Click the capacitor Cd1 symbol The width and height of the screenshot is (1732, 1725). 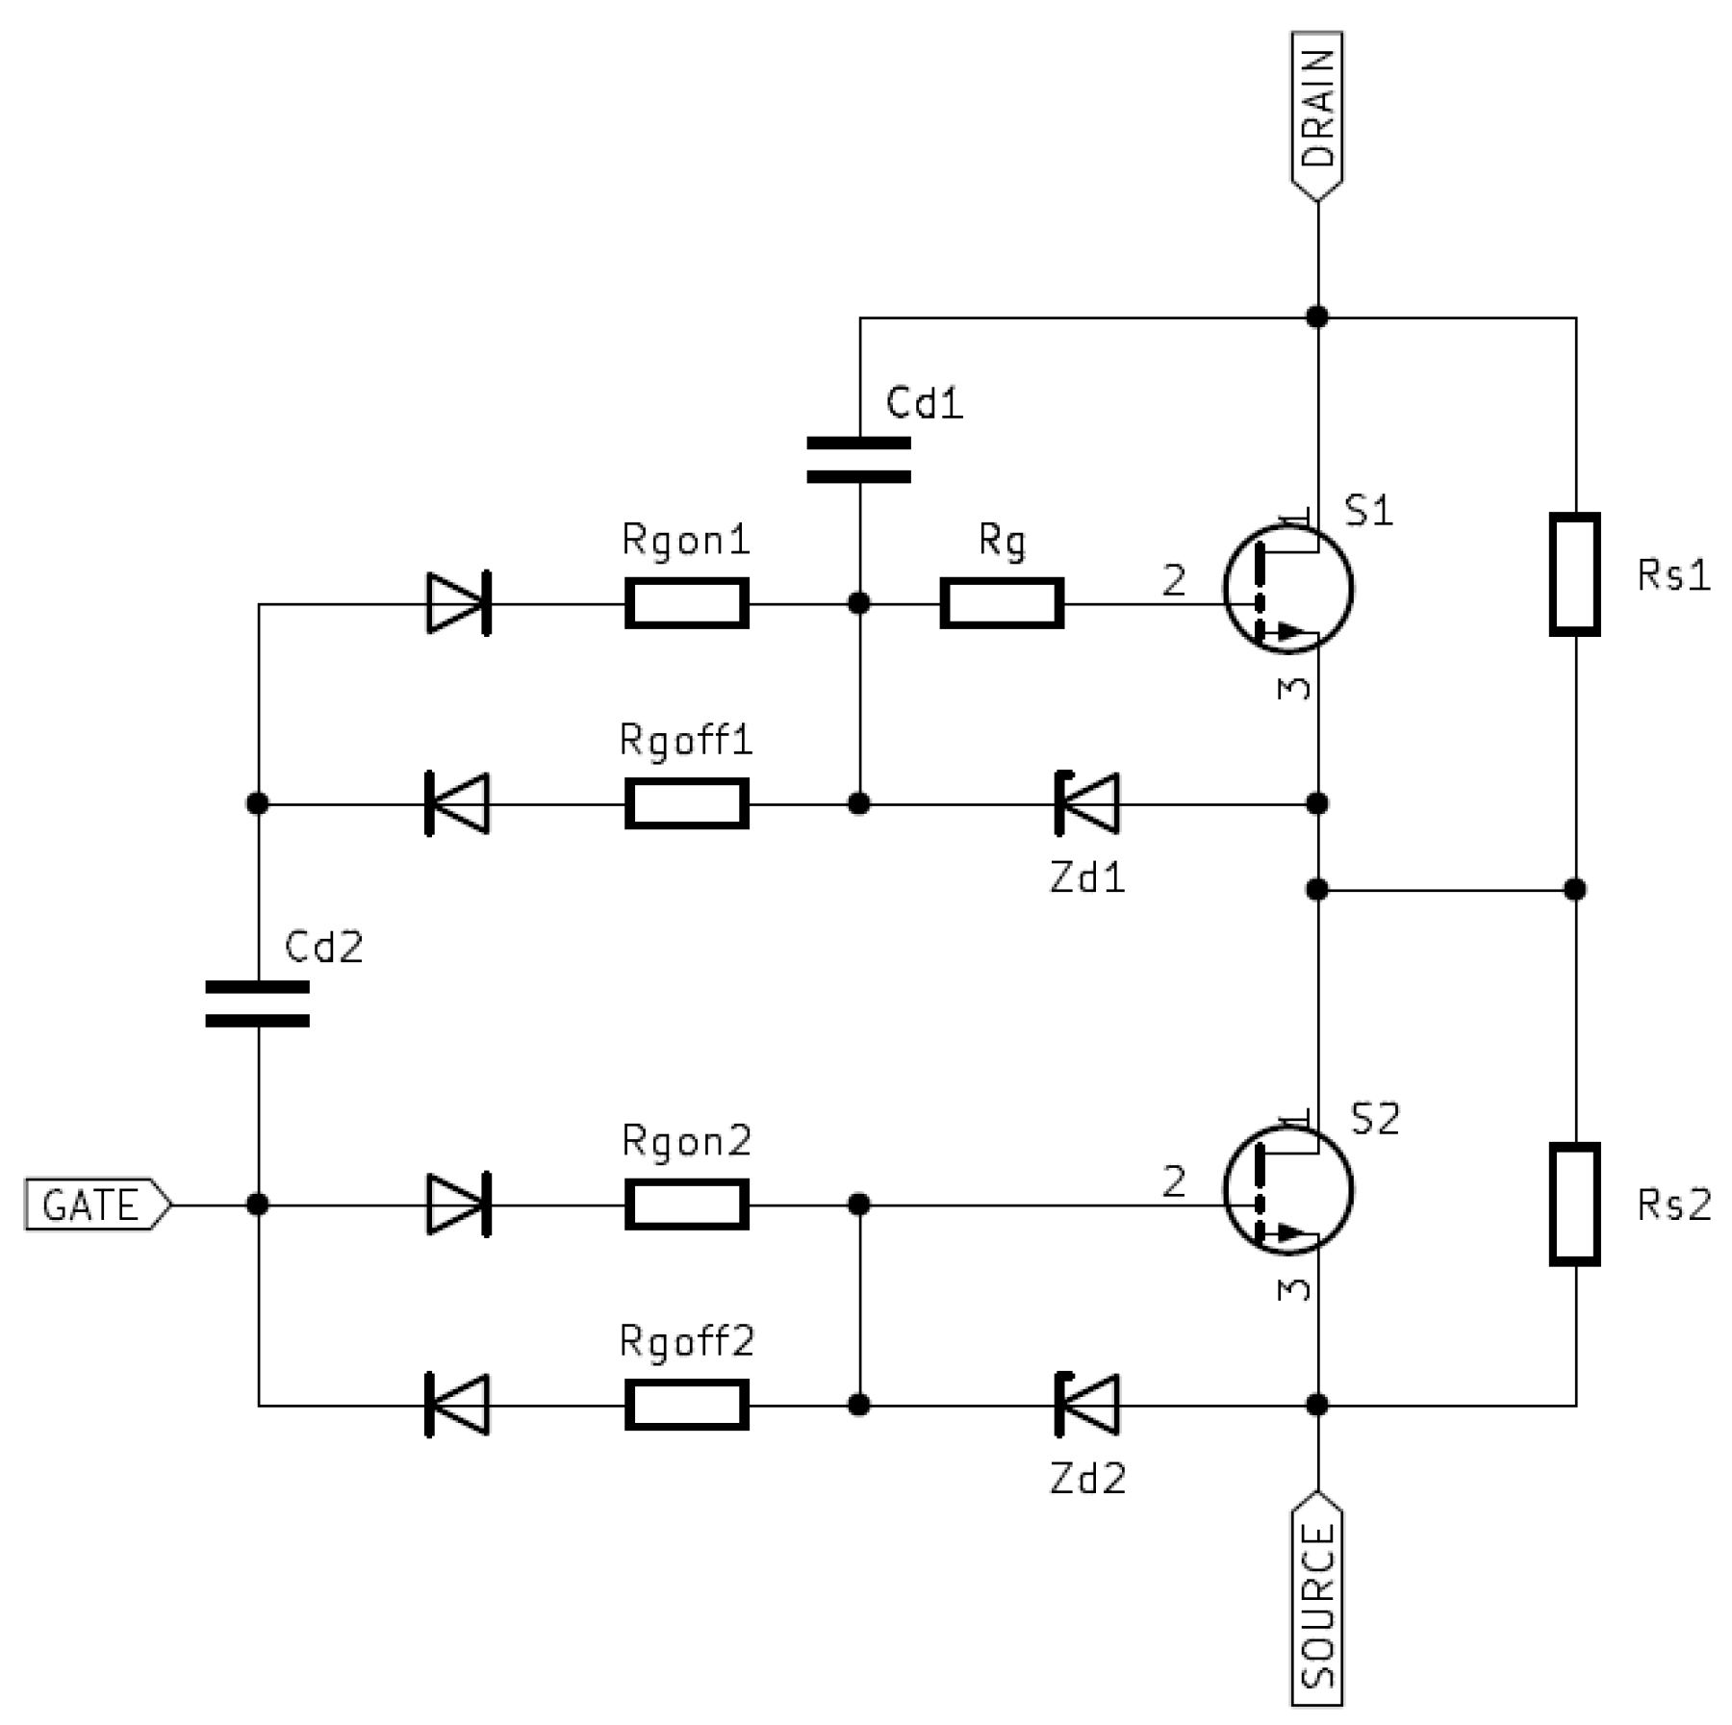point(858,460)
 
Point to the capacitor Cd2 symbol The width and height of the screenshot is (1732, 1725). point(258,1003)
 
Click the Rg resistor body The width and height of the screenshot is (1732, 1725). point(1001,603)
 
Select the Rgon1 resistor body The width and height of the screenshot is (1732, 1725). point(686,603)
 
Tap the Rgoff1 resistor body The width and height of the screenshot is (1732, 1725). point(686,803)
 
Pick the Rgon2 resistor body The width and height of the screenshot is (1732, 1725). point(686,1204)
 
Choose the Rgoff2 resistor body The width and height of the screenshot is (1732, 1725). point(686,1405)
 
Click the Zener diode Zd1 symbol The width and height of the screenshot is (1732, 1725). point(1087,803)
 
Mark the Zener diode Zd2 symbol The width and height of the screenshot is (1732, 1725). point(1087,1405)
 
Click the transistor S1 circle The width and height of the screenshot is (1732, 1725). point(1287,589)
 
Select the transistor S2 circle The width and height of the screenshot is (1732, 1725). point(1287,1190)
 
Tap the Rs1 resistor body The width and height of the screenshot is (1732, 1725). point(1574,574)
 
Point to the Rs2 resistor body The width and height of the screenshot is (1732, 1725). point(1574,1204)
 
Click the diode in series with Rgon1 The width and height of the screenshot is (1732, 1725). point(458,603)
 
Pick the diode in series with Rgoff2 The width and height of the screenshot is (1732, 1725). point(458,1405)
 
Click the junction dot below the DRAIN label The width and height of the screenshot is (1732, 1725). point(1316,317)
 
